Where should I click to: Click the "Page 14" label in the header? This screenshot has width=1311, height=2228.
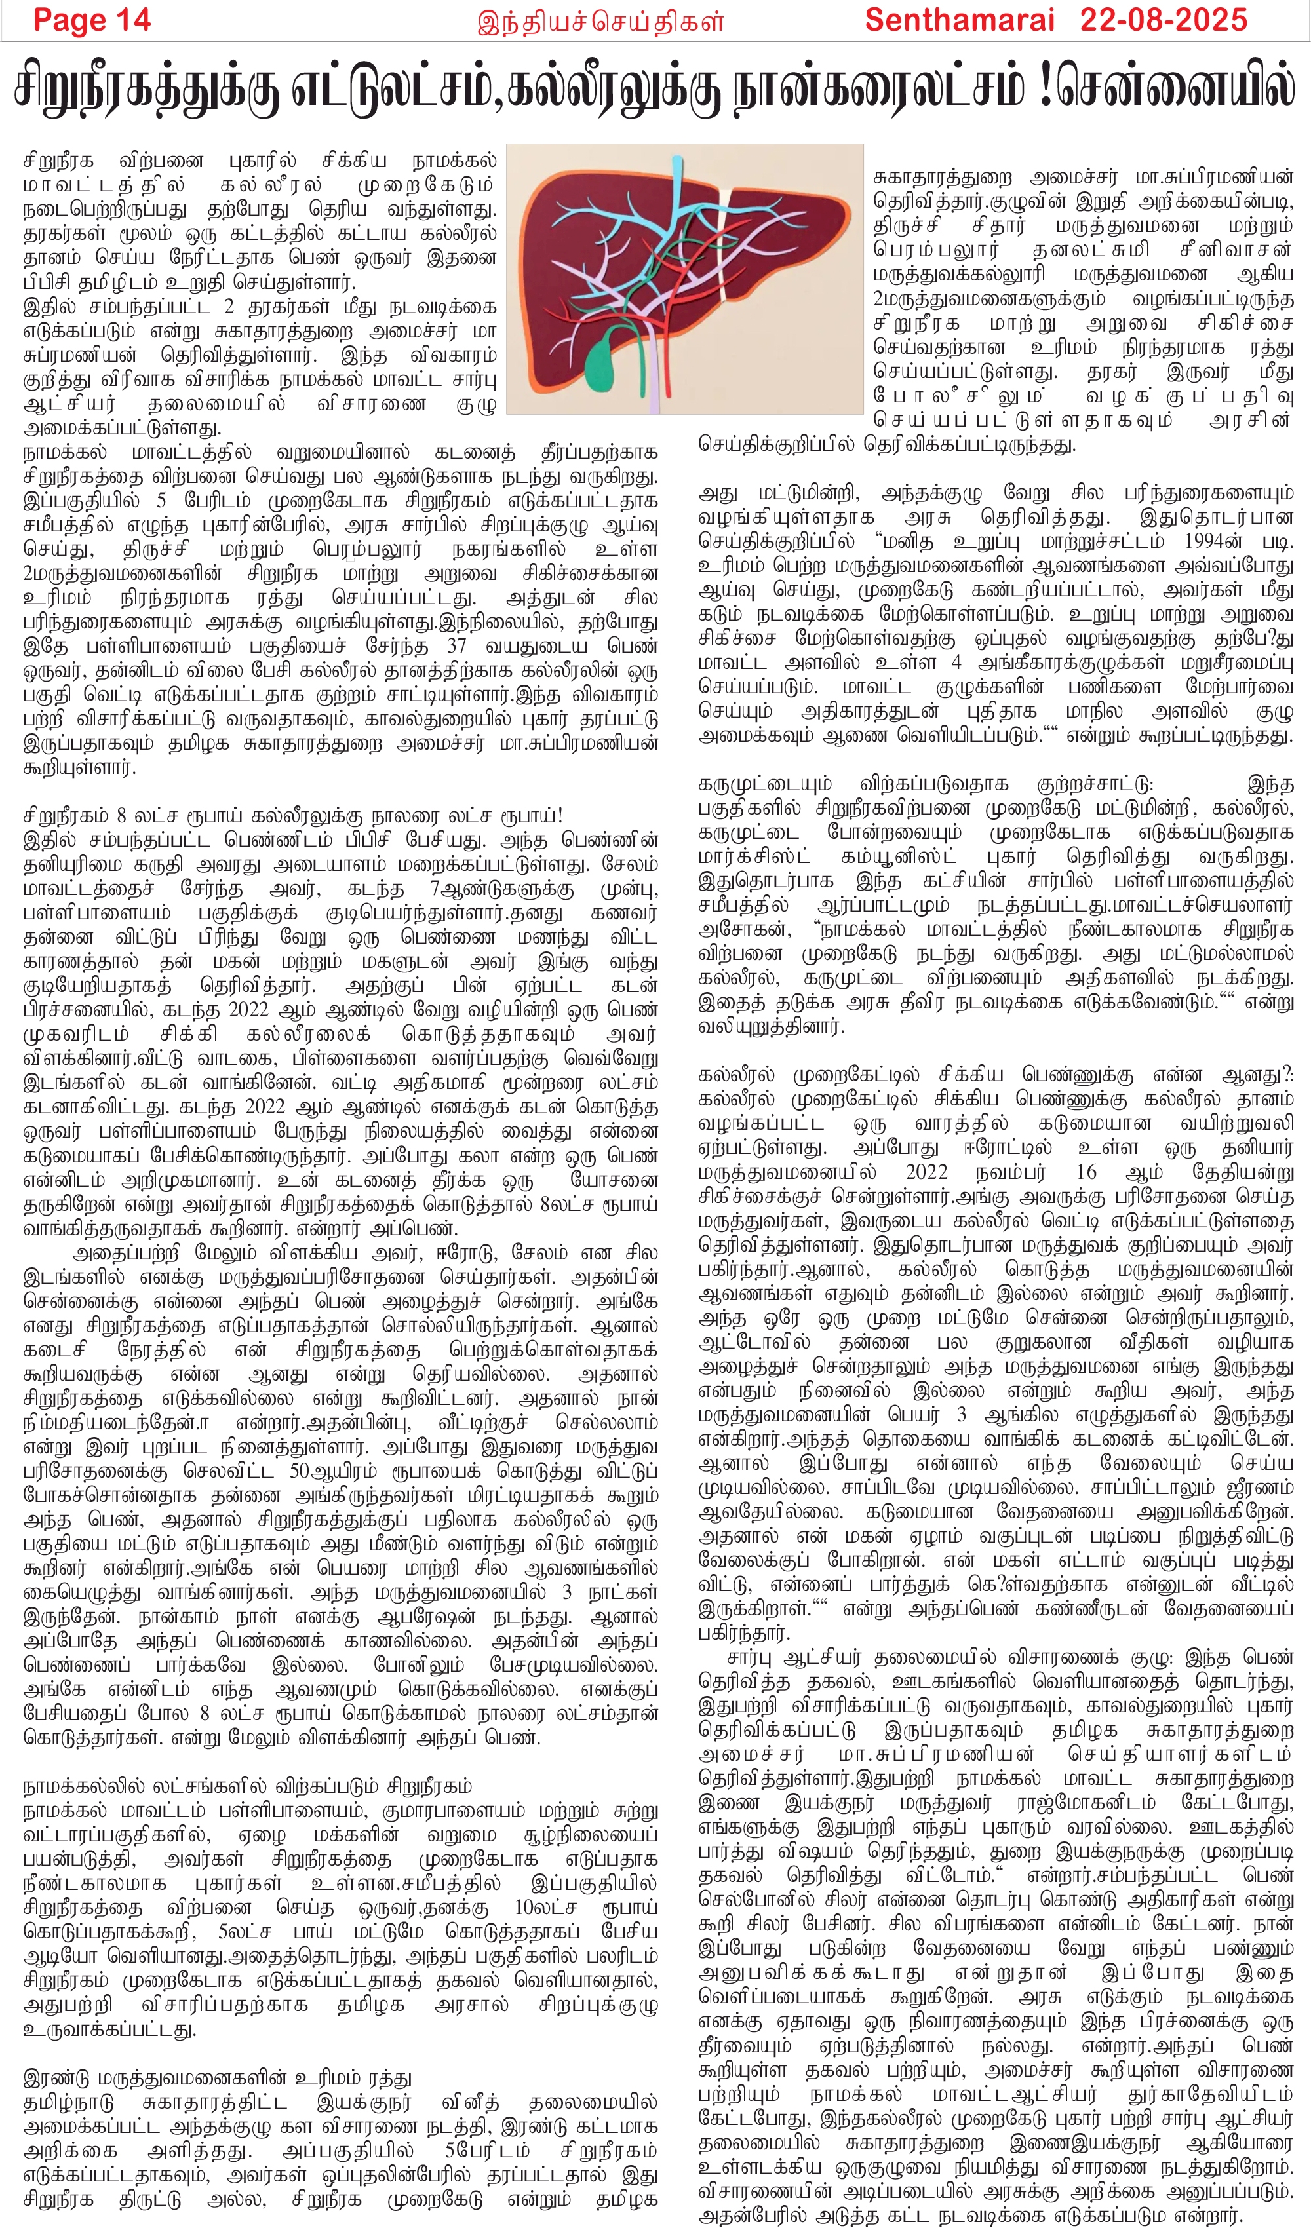92,20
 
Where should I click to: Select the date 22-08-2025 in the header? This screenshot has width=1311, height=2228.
1164,20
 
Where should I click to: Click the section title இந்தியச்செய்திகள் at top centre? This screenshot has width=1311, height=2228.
600,21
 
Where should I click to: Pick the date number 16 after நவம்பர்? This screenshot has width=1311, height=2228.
1086,1172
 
